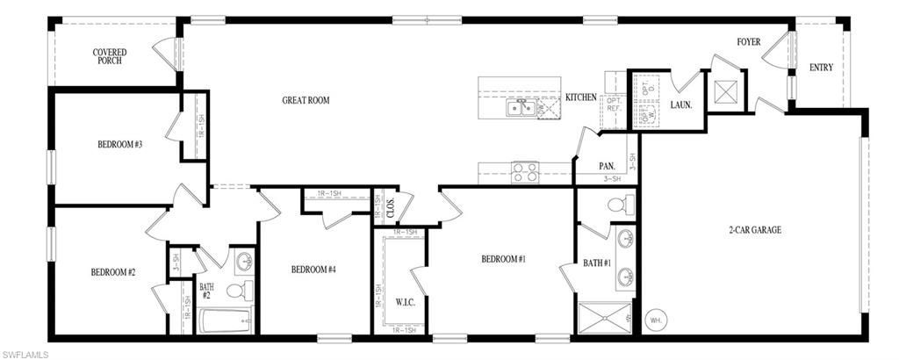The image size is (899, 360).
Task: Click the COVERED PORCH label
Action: [110, 57]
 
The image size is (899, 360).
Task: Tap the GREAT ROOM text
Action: [306, 100]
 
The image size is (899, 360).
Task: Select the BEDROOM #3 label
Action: [119, 144]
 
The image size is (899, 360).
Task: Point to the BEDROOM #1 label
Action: [503, 259]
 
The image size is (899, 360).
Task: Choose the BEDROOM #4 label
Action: [313, 270]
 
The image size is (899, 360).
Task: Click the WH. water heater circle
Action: [655, 320]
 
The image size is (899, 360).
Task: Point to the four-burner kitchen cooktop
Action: [525, 171]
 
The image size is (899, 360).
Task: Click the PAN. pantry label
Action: [606, 165]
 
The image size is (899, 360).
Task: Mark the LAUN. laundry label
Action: [681, 104]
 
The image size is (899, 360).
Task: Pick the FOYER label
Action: [748, 42]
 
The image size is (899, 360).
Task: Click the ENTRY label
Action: [821, 68]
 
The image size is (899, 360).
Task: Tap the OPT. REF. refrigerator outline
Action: [612, 103]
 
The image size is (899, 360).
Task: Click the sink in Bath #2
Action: [244, 261]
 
